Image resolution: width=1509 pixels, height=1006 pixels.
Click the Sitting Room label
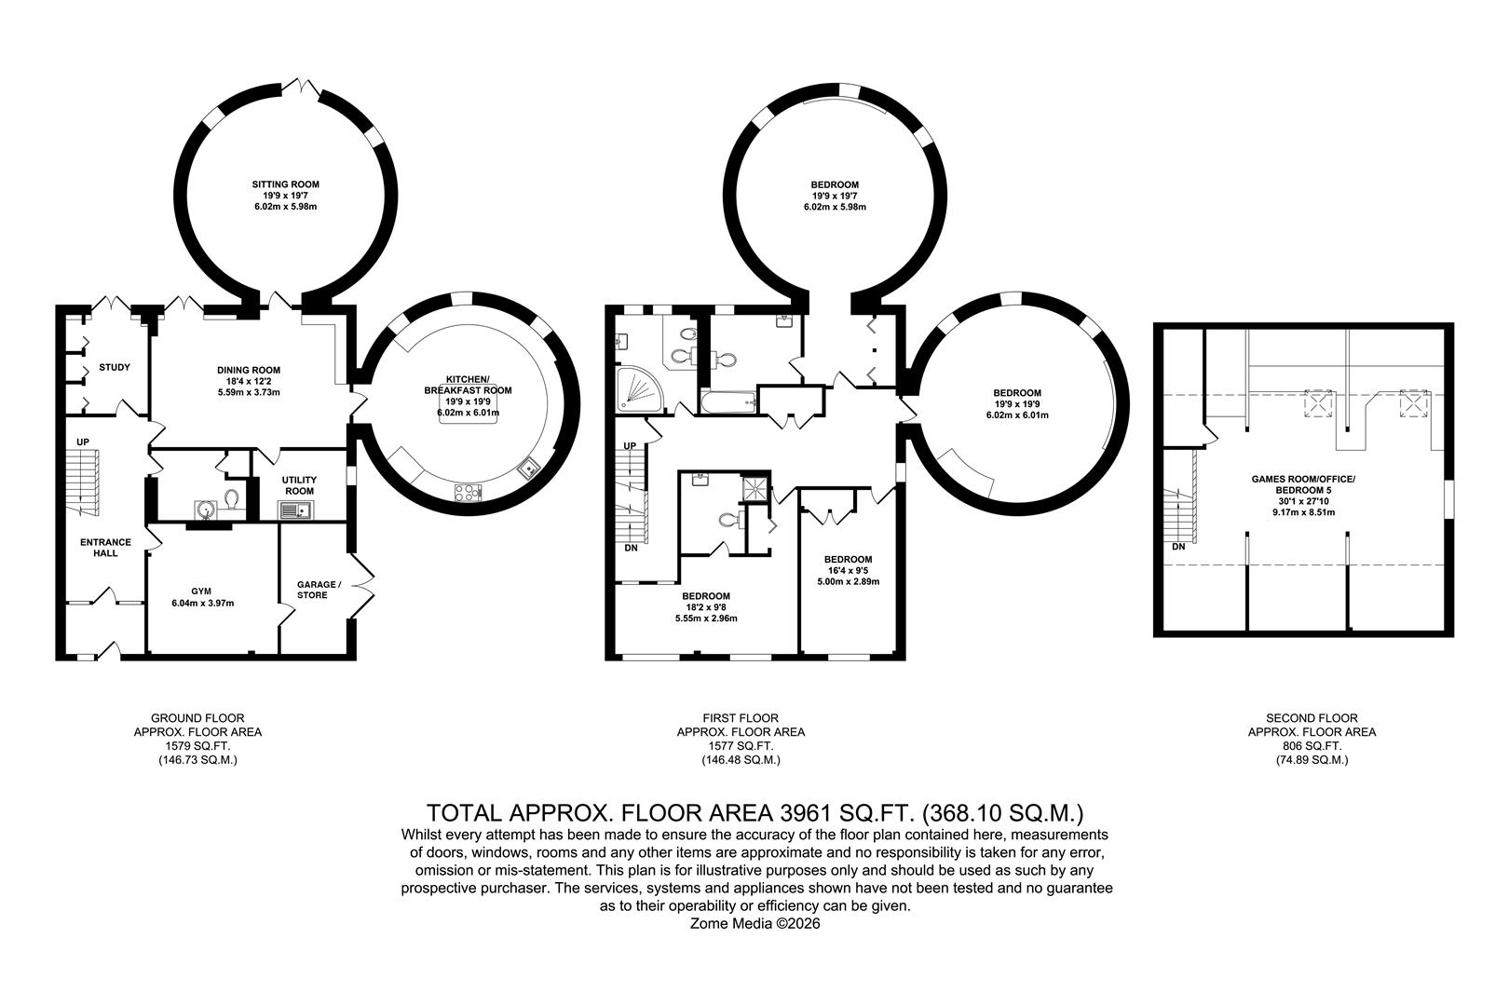click(x=286, y=184)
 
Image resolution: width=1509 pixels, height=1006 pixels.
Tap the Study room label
click(x=115, y=367)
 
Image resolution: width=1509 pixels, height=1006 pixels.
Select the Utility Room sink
click(x=296, y=510)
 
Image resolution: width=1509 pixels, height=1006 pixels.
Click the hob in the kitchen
click(x=469, y=493)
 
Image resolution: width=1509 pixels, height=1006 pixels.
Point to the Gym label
click(x=201, y=591)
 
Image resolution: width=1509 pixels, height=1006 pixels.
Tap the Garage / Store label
click(x=319, y=590)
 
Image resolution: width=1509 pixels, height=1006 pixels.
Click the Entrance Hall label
click(x=106, y=547)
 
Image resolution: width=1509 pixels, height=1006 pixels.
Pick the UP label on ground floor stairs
click(x=83, y=442)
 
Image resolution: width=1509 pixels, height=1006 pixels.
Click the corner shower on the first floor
click(x=641, y=389)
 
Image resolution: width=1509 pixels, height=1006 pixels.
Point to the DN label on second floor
click(x=1178, y=547)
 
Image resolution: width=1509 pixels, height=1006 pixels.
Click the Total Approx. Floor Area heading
click(x=755, y=813)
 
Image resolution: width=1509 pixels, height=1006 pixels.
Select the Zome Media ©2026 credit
click(x=755, y=923)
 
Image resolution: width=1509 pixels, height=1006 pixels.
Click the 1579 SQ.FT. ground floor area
click(x=198, y=746)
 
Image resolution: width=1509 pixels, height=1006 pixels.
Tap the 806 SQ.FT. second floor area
click(x=1312, y=746)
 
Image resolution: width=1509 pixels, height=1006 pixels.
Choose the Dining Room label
click(x=249, y=370)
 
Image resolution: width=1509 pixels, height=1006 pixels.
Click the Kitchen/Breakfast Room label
click(x=469, y=385)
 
